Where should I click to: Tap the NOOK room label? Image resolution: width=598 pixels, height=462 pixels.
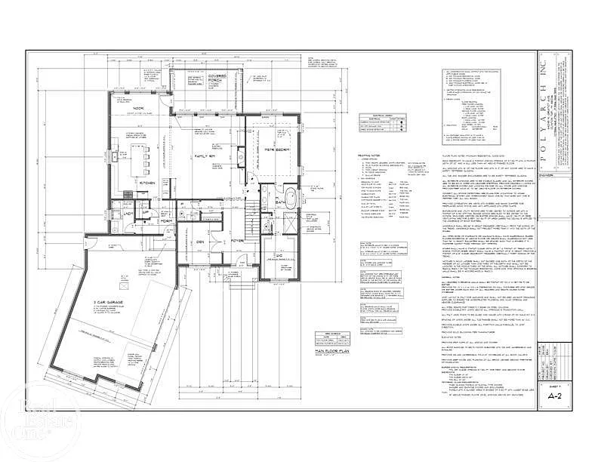138,108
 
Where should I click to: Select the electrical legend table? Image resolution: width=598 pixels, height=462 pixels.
382,125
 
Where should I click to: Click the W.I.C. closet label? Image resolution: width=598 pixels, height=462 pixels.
279,235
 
